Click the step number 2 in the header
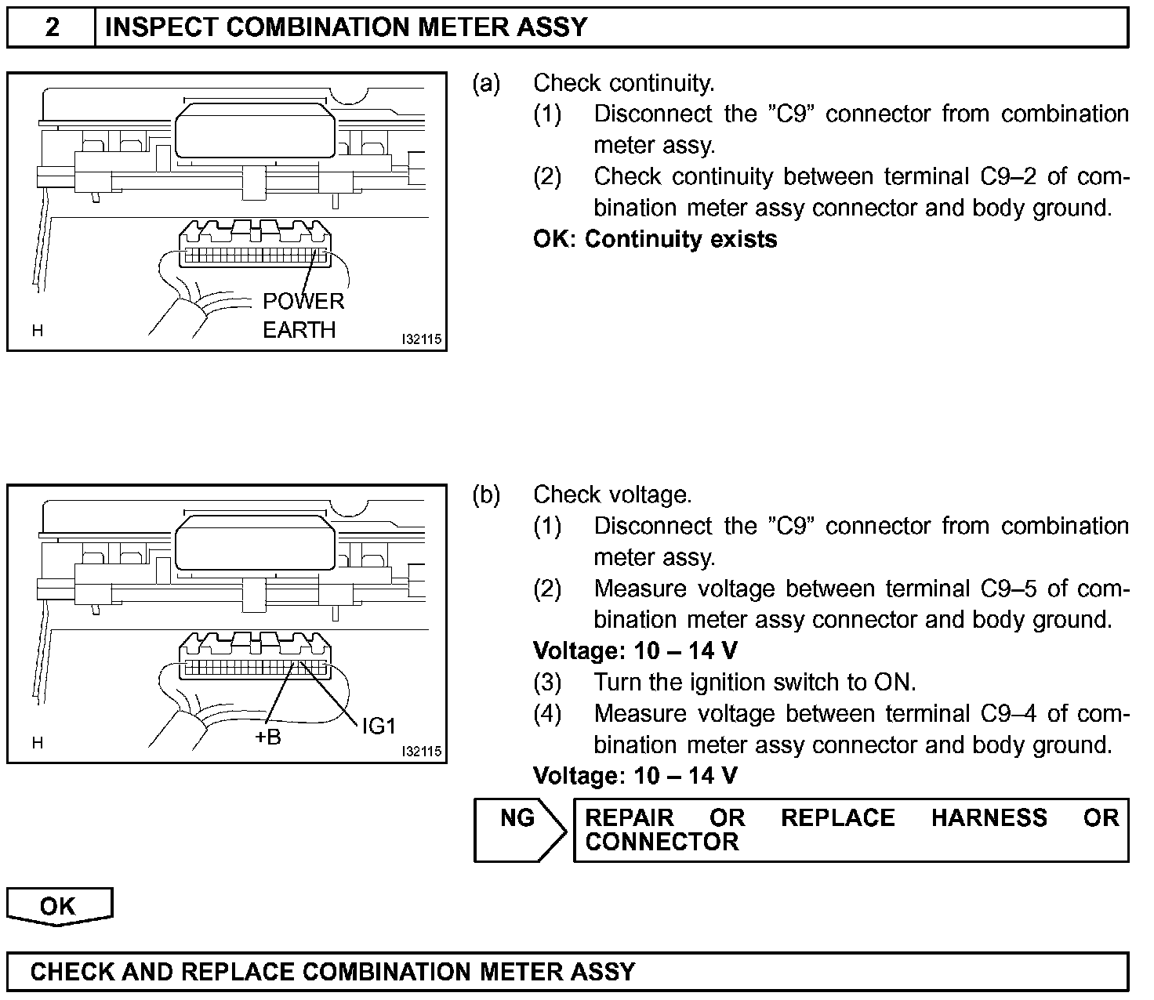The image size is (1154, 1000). click(52, 27)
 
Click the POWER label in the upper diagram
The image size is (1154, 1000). click(303, 302)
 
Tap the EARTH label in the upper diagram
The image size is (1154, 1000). click(299, 330)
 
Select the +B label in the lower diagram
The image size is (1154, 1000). click(268, 737)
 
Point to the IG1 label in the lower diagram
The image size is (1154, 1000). click(379, 726)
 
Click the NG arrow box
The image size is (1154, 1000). click(518, 830)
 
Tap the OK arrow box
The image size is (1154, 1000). click(59, 906)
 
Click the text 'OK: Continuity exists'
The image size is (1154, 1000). click(655, 239)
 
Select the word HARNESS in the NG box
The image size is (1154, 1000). click(989, 818)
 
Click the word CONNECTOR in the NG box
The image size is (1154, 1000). click(662, 842)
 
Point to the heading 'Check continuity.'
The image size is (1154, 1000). click(623, 83)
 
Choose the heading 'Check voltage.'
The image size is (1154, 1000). click(612, 495)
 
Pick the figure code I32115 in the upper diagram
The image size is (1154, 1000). click(421, 340)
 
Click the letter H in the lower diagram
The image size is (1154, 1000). click(37, 743)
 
